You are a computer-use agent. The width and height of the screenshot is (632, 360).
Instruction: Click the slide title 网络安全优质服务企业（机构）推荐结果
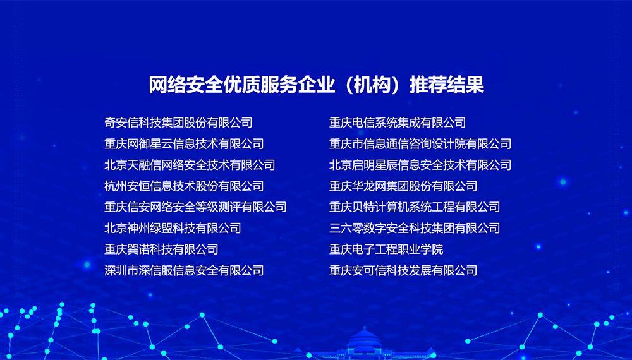317,85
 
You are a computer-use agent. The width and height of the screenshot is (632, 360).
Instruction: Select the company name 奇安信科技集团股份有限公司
179,123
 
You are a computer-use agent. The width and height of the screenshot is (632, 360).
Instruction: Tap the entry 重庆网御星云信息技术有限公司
184,144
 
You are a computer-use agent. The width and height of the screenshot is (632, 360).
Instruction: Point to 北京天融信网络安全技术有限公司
190,165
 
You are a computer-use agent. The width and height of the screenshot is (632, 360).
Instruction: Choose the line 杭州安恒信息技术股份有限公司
184,186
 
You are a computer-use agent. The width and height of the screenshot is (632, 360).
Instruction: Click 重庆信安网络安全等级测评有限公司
195,207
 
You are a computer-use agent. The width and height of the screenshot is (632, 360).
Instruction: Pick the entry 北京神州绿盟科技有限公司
173,229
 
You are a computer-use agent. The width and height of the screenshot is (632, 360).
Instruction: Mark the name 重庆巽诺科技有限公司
161,249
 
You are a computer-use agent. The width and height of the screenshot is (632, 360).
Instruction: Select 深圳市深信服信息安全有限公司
184,270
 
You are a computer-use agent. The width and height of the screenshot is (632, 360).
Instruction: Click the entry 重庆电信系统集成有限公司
398,123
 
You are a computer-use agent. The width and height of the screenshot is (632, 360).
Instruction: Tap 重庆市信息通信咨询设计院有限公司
420,144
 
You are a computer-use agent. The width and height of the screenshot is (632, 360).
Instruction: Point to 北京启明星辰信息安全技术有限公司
420,165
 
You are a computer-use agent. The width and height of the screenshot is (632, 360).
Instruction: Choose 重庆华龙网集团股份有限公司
403,186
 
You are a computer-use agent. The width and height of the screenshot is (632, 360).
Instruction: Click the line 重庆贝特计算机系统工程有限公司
415,207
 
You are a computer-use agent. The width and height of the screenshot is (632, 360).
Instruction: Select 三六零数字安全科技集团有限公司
415,229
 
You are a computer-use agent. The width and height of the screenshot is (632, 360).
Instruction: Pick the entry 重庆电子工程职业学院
386,249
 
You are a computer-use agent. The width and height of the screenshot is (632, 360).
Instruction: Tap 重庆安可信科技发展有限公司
403,270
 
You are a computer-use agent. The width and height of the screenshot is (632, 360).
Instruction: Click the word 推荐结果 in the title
447,85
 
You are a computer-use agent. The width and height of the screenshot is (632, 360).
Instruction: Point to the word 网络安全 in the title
186,85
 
